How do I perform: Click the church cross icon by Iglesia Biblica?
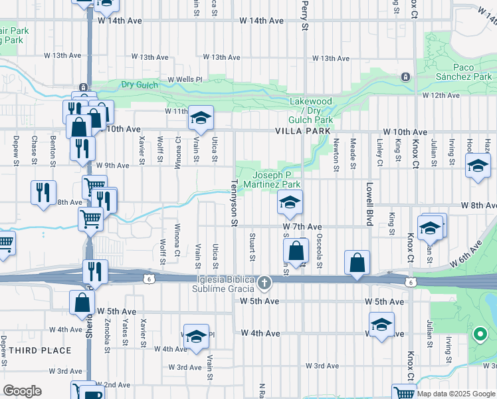pyautogui.click(x=264, y=284)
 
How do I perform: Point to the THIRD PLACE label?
pyautogui.click(x=41, y=350)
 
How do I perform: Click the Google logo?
pyautogui.click(x=22, y=391)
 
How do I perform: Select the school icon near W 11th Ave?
pyautogui.click(x=201, y=119)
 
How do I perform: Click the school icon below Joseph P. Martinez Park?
pyautogui.click(x=290, y=203)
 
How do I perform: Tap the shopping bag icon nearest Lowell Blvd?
pyautogui.click(x=357, y=263)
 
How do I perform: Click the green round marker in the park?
pyautogui.click(x=478, y=334)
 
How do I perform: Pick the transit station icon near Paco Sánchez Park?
pyautogui.click(x=405, y=77)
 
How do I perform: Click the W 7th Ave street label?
pyautogui.click(x=302, y=227)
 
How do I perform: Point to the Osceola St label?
pyautogui.click(x=320, y=252)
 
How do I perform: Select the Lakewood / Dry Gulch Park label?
pyautogui.click(x=311, y=110)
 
